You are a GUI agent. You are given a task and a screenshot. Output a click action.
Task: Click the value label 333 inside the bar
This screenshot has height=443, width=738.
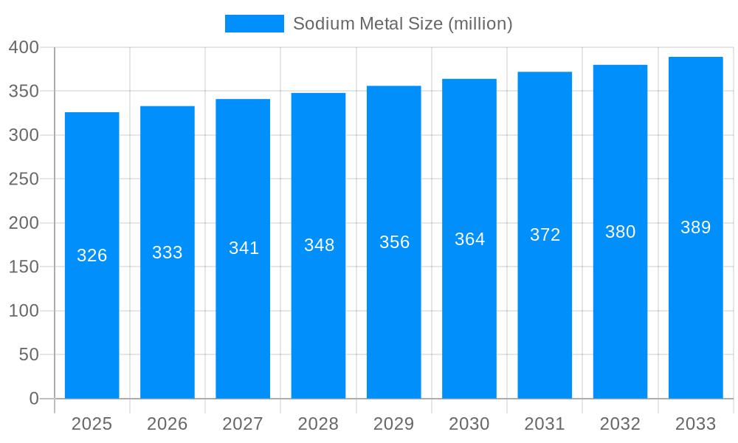[168, 253]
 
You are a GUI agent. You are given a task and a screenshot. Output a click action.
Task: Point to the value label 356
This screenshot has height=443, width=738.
[394, 242]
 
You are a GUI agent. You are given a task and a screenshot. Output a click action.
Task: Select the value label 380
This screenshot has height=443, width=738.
[620, 232]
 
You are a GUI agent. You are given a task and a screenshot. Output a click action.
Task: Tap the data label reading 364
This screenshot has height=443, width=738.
[469, 239]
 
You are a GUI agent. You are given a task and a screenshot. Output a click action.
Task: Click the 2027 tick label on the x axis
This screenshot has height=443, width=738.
[243, 424]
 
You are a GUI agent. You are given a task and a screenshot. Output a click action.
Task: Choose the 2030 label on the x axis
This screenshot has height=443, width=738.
[469, 424]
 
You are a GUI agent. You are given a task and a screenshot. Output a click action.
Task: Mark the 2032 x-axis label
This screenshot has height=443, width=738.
[620, 424]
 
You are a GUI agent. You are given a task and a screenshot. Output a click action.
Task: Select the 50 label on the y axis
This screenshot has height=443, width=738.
[28, 354]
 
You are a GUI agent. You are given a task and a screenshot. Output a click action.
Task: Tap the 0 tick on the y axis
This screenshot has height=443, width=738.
[33, 399]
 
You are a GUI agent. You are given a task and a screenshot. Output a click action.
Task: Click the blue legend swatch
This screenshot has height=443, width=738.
[254, 24]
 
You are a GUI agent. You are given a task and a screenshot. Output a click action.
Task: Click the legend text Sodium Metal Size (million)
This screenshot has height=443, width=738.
[402, 24]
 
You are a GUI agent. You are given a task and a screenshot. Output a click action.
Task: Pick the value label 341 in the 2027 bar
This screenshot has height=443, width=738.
[244, 248]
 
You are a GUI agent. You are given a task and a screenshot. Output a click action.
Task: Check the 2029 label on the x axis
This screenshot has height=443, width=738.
[393, 424]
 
